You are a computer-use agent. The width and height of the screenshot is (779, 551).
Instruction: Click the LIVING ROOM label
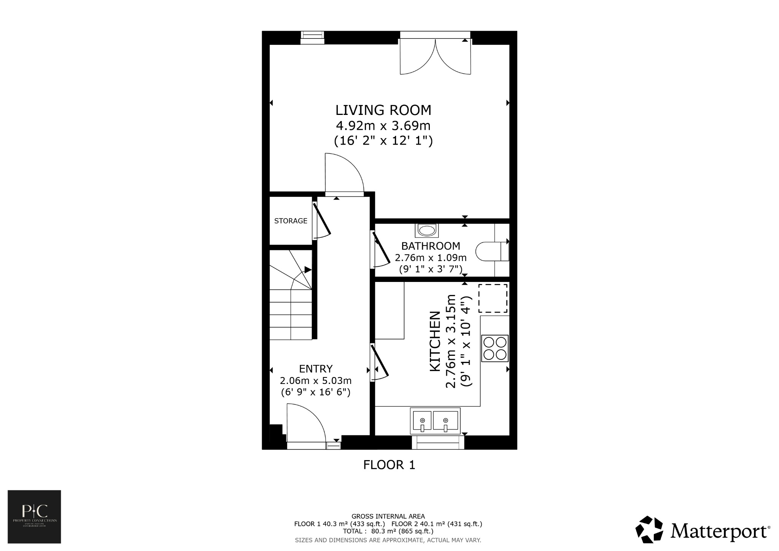(x=383, y=110)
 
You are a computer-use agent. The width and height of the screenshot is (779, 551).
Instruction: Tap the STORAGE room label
(x=291, y=221)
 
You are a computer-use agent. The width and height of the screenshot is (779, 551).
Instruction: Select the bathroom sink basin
(x=426, y=230)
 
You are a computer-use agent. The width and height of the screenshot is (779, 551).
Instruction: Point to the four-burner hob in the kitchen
(x=495, y=348)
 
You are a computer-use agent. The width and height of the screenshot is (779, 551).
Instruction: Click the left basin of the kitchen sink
(x=422, y=421)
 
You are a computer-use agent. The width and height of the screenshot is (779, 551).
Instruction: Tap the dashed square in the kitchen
(x=493, y=298)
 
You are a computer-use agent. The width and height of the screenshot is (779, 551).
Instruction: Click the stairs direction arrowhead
(x=308, y=269)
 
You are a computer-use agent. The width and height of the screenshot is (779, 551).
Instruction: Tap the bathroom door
(x=381, y=249)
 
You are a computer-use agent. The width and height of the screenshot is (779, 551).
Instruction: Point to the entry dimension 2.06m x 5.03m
(x=316, y=381)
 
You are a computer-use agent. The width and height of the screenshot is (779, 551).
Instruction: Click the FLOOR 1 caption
(x=389, y=465)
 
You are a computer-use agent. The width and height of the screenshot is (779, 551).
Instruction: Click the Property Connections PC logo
(x=34, y=516)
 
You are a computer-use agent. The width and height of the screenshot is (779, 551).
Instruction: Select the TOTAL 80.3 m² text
(x=388, y=531)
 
